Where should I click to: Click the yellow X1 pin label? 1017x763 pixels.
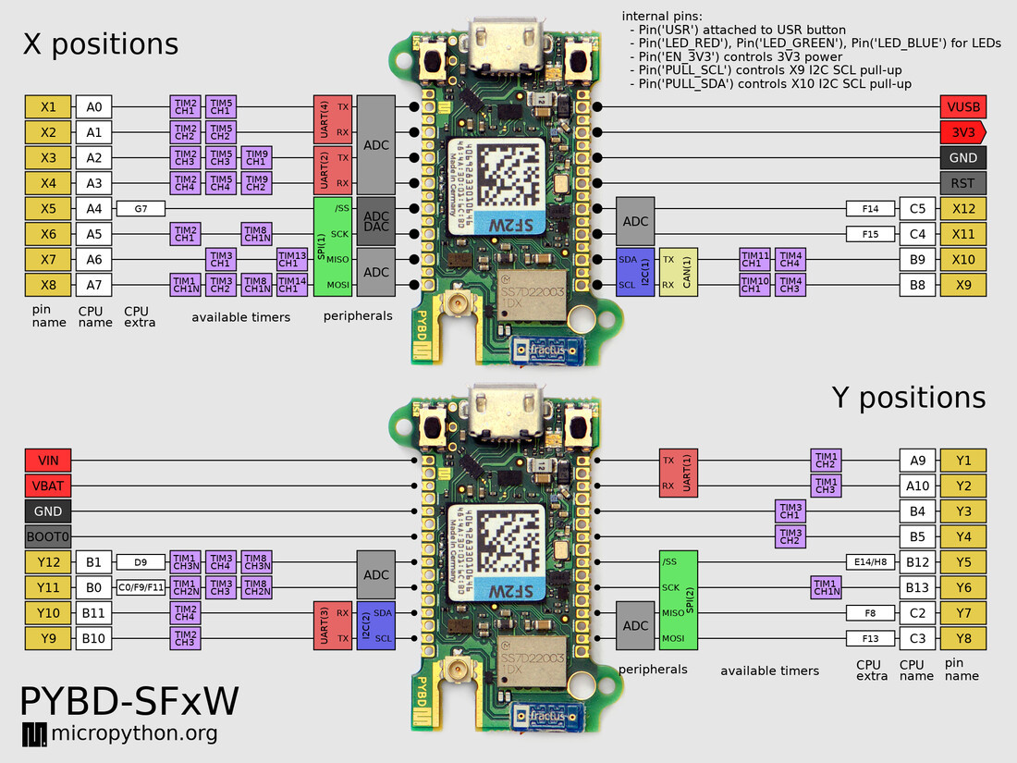[x=48, y=106]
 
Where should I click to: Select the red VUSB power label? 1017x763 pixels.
[x=962, y=106]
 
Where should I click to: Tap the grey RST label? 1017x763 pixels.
[x=962, y=183]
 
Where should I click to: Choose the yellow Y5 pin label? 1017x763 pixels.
[x=963, y=561]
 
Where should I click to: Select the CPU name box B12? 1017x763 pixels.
[x=916, y=561]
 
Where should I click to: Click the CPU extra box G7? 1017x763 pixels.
[x=141, y=209]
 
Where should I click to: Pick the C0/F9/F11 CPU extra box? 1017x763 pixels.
[x=141, y=587]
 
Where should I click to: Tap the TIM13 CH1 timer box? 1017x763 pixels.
[x=292, y=260]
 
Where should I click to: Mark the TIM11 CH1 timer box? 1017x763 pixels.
[x=754, y=260]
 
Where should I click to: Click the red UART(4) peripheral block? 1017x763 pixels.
[x=333, y=119]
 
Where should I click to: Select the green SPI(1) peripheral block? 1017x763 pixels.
[x=333, y=247]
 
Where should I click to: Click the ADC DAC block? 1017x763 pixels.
[x=376, y=222]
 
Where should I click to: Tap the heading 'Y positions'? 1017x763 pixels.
[x=908, y=397]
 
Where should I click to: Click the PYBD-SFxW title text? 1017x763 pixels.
[x=129, y=702]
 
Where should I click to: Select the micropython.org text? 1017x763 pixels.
[x=134, y=734]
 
